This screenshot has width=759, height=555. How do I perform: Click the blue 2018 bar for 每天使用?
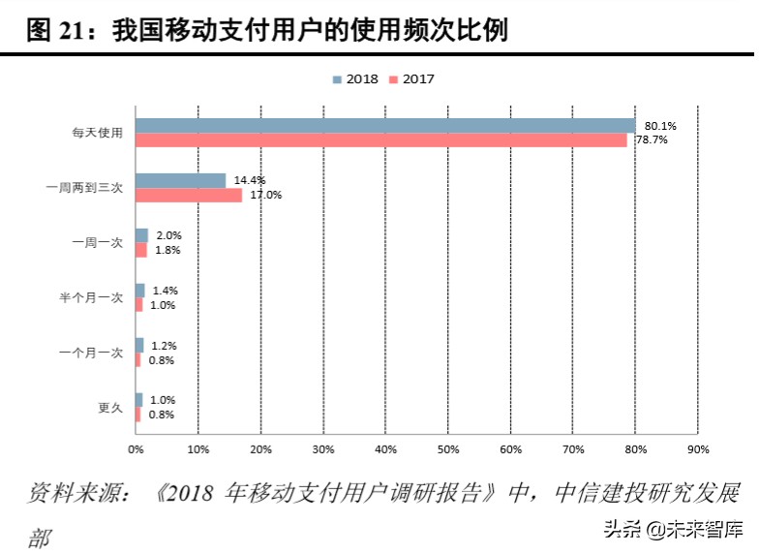[x=385, y=126]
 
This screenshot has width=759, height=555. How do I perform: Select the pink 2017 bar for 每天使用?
[x=380, y=140]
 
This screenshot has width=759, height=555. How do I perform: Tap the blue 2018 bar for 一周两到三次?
[x=180, y=181]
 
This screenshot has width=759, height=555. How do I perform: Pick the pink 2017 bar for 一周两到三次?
[x=189, y=196]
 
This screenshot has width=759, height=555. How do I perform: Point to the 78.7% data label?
[x=652, y=140]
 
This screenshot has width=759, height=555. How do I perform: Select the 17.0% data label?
[x=266, y=195]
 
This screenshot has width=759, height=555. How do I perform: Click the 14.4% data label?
[x=250, y=180]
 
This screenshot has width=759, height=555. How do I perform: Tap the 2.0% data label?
[x=168, y=235]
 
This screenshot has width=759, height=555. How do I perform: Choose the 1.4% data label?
[x=166, y=291]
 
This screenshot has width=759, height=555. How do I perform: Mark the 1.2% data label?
[x=164, y=346]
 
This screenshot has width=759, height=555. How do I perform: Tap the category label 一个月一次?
[x=91, y=353]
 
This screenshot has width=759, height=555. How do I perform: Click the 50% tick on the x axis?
[x=448, y=449]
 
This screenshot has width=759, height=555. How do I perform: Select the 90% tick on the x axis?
[x=698, y=449]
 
